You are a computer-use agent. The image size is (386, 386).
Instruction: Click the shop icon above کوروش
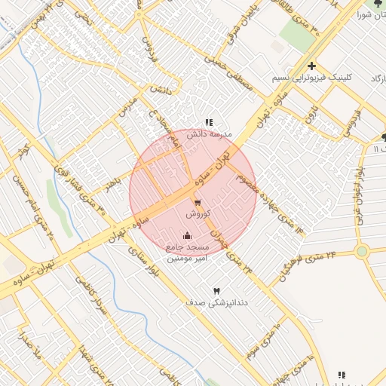198,203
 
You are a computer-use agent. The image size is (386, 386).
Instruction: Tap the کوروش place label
198,215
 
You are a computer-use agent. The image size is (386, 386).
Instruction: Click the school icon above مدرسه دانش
209,122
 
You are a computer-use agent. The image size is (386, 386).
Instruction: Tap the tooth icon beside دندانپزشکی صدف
218,291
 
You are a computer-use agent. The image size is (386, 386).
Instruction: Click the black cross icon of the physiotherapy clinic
311,66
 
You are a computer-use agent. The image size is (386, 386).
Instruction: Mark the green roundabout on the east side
362,251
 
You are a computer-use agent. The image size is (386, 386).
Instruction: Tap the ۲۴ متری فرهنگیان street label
310,265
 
